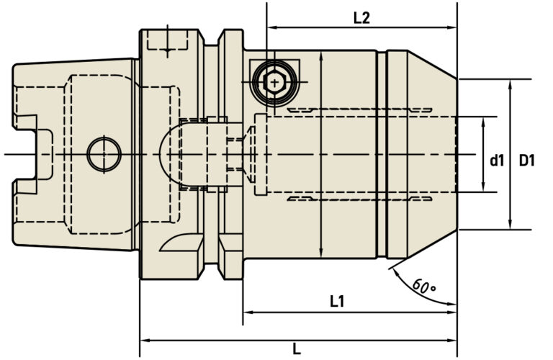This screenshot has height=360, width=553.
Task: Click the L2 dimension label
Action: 361,18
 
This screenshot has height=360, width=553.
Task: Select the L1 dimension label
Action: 337,302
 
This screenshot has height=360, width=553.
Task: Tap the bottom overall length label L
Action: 296,349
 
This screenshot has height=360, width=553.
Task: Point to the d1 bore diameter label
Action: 497,161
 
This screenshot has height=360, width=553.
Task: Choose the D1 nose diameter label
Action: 527,161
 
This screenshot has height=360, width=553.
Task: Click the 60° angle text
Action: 425,285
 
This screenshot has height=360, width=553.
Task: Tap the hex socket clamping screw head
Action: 274,84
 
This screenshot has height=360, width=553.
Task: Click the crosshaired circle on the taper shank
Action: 103,153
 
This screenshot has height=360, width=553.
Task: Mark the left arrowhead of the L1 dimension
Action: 248,313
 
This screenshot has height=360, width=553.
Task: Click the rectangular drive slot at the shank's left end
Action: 34,153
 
